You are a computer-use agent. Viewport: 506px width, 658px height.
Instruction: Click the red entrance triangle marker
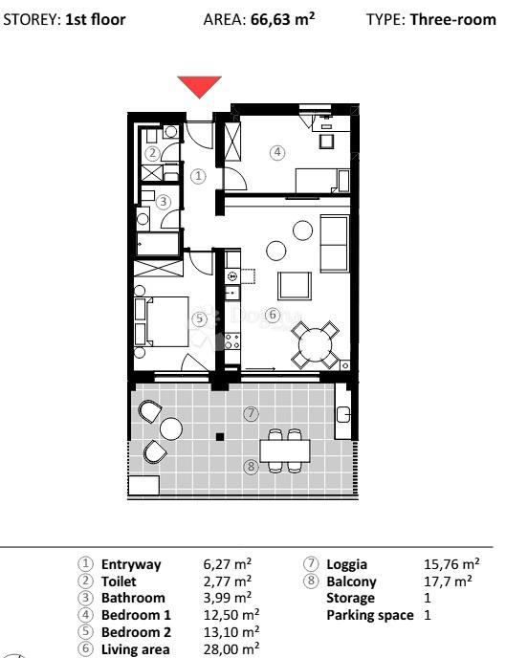[x=199, y=86]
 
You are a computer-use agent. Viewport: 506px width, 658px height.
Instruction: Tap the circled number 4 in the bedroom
[x=277, y=152]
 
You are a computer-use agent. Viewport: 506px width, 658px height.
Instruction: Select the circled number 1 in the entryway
[x=198, y=176]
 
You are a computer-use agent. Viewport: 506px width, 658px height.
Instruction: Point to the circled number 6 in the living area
[x=273, y=315]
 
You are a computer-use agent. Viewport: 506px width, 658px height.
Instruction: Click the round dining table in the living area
[x=315, y=345]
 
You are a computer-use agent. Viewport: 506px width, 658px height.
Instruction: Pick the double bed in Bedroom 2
[x=162, y=321]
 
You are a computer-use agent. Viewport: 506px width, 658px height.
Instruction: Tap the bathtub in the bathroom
[x=158, y=244]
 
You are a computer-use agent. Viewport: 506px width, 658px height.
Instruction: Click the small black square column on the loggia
[x=220, y=437]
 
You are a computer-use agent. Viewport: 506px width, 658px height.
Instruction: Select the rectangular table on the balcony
[x=285, y=450]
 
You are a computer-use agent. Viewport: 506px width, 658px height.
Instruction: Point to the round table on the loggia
[x=171, y=429]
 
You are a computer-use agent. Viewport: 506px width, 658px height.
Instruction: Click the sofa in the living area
[x=335, y=243]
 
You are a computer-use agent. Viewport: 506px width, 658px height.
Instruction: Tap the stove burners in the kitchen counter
[x=232, y=341]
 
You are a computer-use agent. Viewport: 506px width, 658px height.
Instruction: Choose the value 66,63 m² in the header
[x=283, y=19]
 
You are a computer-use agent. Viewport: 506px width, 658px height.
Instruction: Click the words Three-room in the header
[x=453, y=20]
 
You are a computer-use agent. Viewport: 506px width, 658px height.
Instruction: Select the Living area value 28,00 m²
[x=231, y=648]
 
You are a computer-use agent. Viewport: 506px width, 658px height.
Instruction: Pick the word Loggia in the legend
[x=346, y=565]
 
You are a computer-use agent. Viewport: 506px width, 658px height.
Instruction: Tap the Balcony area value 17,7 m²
[x=448, y=581]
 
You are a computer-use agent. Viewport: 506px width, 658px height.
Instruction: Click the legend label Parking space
[x=370, y=615]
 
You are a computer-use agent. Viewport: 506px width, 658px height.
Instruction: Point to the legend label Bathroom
[x=133, y=598]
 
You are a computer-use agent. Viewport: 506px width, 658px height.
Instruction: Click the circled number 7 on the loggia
[x=251, y=414]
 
